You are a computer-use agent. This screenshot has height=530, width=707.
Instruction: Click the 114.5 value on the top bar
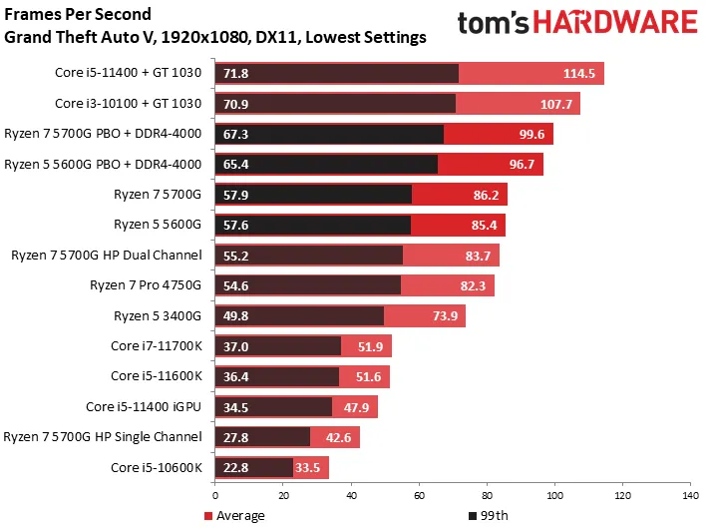pyautogui.click(x=578, y=74)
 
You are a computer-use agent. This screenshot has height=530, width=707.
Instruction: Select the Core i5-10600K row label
pyautogui.click(x=157, y=467)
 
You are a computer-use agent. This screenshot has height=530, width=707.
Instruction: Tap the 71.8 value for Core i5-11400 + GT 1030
pyautogui.click(x=236, y=74)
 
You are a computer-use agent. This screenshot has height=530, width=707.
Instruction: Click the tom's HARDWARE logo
pyautogui.click(x=576, y=24)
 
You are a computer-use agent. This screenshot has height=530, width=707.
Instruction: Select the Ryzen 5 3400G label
pyautogui.click(x=159, y=315)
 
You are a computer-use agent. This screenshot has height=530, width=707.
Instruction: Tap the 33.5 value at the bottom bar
pyautogui.click(x=310, y=467)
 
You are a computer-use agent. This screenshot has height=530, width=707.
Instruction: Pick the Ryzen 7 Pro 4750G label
pyautogui.click(x=147, y=285)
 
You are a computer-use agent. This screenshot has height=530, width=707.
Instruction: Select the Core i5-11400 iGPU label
pyautogui.click(x=144, y=406)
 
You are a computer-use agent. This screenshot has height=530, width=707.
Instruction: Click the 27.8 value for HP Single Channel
pyautogui.click(x=236, y=437)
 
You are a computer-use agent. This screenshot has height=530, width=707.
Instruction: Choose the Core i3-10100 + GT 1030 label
pyautogui.click(x=128, y=104)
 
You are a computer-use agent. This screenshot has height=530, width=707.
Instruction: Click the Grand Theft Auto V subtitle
pyautogui.click(x=215, y=38)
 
